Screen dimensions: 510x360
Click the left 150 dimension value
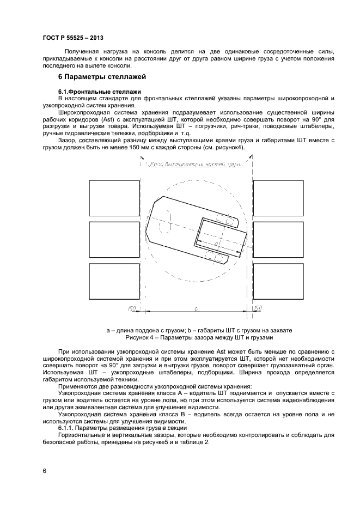[131, 309]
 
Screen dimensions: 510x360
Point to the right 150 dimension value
[258, 308]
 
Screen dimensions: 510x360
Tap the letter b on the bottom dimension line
[196, 309]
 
